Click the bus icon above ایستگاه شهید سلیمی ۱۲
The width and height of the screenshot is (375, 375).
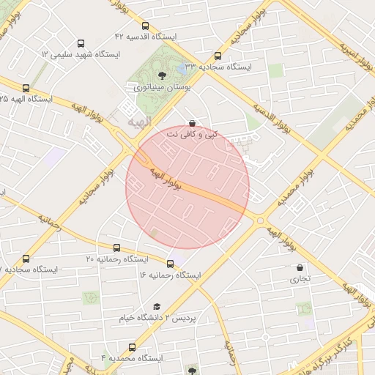click(81, 43)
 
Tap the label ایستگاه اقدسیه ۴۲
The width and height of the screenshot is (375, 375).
click(146, 37)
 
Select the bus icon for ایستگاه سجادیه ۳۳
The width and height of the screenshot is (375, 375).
click(217, 56)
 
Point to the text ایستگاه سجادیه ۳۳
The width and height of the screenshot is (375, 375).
click(218, 67)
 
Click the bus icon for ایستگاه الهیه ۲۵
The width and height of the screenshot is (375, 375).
click(26, 88)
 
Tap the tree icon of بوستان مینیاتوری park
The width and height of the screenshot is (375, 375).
click(162, 75)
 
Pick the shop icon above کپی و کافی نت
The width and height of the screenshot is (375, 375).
click(192, 124)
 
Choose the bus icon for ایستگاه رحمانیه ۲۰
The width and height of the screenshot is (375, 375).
click(116, 248)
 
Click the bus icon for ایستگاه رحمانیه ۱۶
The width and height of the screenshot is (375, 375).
click(170, 264)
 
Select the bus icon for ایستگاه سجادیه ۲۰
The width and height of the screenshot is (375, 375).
click(26, 259)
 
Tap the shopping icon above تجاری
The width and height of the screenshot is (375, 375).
click(300, 268)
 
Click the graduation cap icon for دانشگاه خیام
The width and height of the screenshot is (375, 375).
click(156, 307)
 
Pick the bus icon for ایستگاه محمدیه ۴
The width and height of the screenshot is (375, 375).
click(132, 347)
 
